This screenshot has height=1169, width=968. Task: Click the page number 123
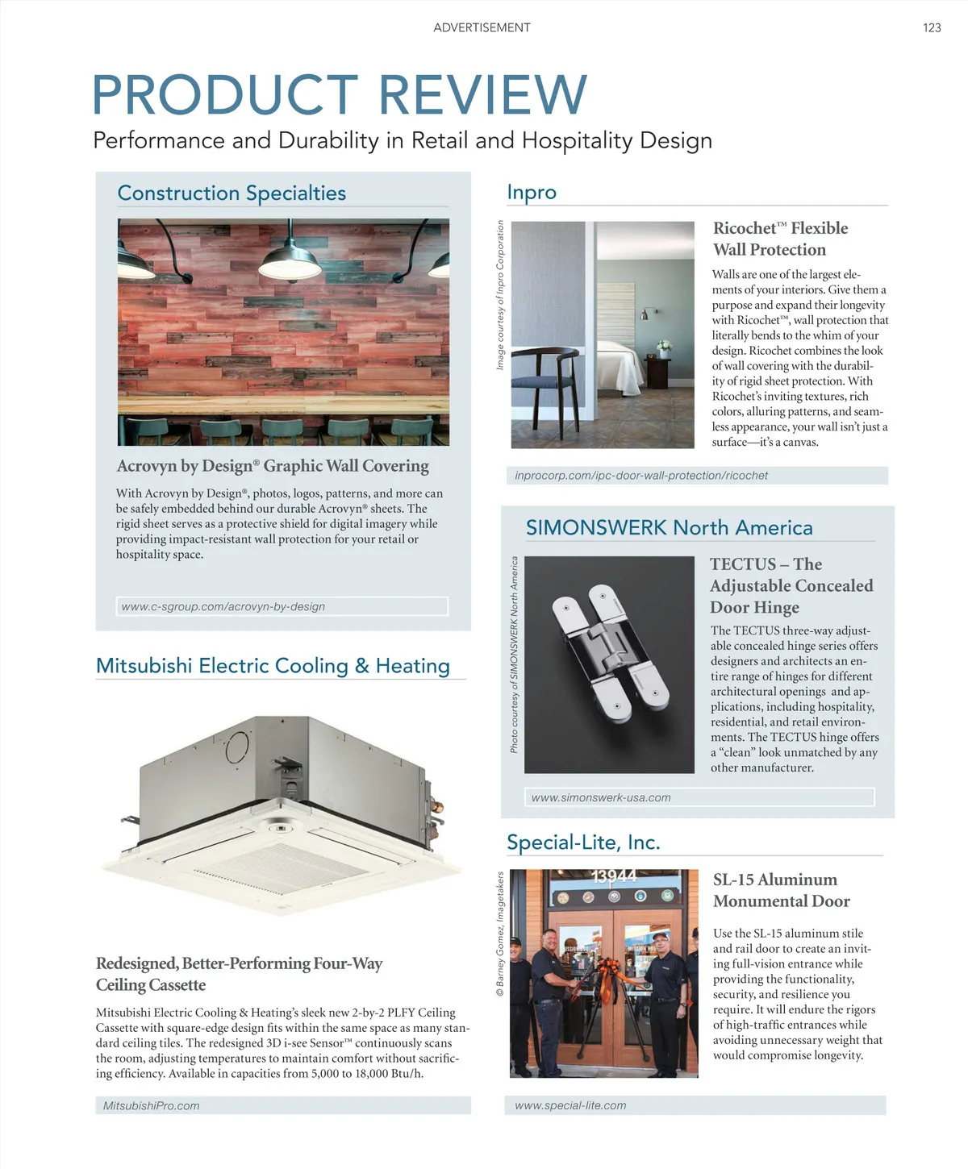(x=932, y=27)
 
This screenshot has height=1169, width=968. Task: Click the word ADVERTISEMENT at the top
(x=482, y=27)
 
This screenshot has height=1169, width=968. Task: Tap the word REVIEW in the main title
(x=482, y=94)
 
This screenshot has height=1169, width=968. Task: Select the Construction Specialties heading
(x=232, y=193)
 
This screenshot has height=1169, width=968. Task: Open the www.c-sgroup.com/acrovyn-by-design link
(x=223, y=606)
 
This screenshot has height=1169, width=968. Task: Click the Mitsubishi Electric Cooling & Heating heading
(x=273, y=666)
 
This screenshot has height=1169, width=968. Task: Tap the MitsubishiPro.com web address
(x=152, y=1105)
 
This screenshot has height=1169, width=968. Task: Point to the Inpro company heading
(x=532, y=193)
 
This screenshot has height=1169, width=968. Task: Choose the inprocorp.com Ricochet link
(x=641, y=476)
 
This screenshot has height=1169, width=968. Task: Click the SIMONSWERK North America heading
(x=669, y=528)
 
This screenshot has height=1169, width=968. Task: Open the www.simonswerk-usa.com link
(x=601, y=797)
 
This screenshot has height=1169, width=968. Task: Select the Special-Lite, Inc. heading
(x=583, y=842)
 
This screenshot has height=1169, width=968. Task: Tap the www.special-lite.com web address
(x=570, y=1105)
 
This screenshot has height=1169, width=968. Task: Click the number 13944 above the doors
(x=614, y=876)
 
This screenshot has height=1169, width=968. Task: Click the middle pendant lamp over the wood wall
(x=290, y=260)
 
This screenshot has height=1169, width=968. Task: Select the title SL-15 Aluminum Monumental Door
(x=781, y=890)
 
